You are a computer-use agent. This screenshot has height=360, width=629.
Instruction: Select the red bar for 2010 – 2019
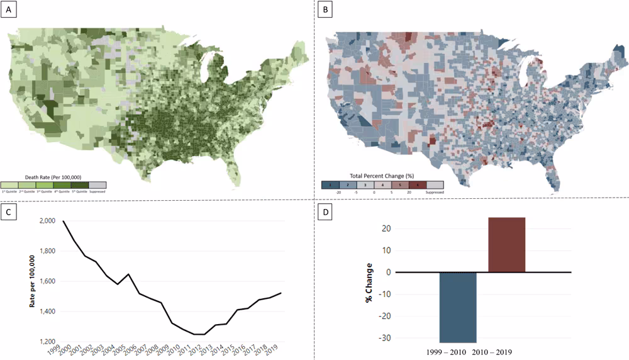coord(507,245)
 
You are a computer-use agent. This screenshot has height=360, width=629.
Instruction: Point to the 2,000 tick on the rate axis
coord(47,222)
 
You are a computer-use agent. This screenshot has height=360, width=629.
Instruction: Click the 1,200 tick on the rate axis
coord(47,342)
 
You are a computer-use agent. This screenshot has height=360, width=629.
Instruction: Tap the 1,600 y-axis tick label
coord(47,282)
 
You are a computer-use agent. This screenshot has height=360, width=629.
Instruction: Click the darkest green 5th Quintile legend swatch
coord(80,185)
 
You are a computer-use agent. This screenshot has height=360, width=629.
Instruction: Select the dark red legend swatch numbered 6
coord(417,185)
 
